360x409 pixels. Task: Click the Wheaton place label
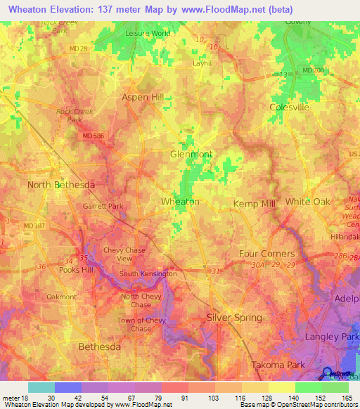pyautogui.click(x=180, y=202)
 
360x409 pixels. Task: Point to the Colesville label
pyautogui.click(x=289, y=108)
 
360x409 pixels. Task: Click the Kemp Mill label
pyautogui.click(x=253, y=202)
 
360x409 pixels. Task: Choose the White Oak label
pyautogui.click(x=307, y=202)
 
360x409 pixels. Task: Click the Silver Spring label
pyautogui.click(x=234, y=318)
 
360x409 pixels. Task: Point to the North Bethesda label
pyautogui.click(x=60, y=184)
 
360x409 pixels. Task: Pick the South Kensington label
pyautogui.click(x=148, y=273)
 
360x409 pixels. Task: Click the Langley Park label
pyautogui.click(x=331, y=337)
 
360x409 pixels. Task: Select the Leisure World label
pyautogui.click(x=147, y=33)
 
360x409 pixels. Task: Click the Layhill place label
pyautogui.click(x=202, y=63)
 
